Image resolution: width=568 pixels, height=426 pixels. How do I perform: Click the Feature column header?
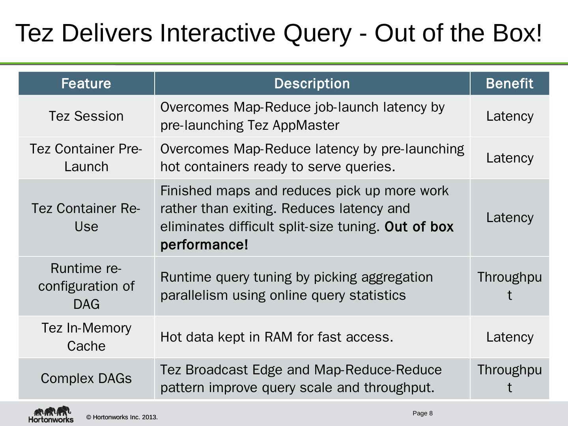[86, 84]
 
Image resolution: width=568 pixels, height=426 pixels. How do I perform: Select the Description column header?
[312, 84]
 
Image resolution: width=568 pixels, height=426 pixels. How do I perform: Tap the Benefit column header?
[509, 84]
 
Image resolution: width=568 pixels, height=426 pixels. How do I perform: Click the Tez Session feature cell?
[86, 116]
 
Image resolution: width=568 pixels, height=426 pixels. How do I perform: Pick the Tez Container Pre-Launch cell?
[86, 158]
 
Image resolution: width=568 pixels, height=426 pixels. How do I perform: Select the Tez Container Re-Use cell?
[86, 217]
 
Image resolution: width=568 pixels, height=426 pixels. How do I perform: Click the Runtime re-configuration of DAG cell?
[86, 286]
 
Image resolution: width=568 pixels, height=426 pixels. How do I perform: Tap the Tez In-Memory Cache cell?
[86, 337]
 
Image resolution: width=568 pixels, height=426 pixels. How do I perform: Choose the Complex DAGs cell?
[86, 379]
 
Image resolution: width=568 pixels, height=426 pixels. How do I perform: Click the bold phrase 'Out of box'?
[419, 227]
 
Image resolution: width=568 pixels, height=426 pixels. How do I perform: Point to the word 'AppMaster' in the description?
[306, 125]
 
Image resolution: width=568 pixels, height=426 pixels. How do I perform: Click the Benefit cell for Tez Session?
[509, 116]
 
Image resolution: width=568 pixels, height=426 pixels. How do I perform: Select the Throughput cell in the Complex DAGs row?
[509, 379]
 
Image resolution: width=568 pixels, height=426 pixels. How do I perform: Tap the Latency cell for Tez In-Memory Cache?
[509, 337]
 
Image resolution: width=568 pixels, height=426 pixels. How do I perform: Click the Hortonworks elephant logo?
[51, 414]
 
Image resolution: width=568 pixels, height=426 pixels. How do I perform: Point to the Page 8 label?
[422, 413]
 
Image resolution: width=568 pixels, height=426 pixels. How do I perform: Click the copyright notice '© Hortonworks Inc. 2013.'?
[122, 417]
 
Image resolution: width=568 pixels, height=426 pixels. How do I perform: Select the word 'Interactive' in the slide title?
[217, 33]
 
